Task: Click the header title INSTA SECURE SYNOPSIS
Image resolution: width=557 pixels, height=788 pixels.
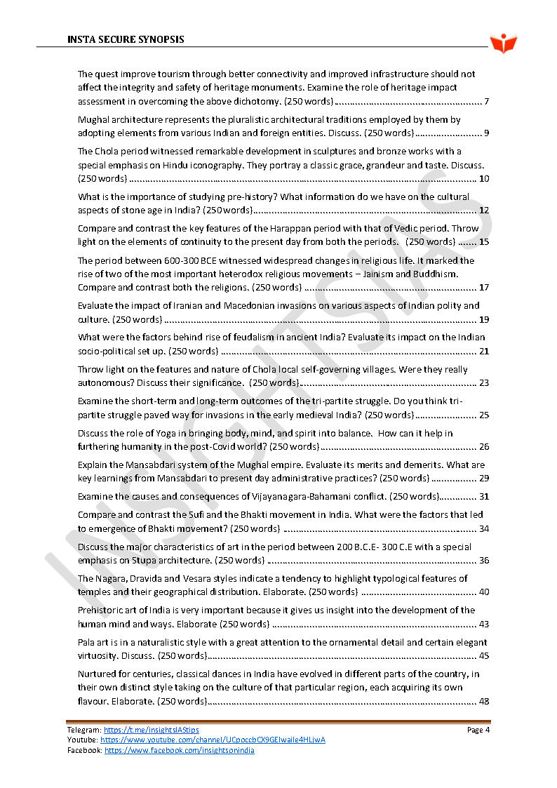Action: pos(126,39)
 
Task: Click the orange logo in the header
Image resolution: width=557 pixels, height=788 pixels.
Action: pos(503,44)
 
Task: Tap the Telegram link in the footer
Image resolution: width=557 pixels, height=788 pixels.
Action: pos(151,730)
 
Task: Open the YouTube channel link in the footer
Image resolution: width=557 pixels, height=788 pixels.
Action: pos(213,740)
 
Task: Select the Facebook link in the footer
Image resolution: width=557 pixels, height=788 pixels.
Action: pos(180,750)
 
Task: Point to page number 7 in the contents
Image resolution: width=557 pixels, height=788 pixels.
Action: pos(486,101)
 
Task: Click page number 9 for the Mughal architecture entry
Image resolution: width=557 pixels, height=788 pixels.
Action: pos(486,133)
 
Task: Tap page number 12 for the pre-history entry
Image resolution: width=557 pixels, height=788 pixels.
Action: pos(484,211)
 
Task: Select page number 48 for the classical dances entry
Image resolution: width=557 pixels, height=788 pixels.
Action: pos(484,702)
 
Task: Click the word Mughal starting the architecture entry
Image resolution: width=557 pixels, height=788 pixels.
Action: pos(92,120)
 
